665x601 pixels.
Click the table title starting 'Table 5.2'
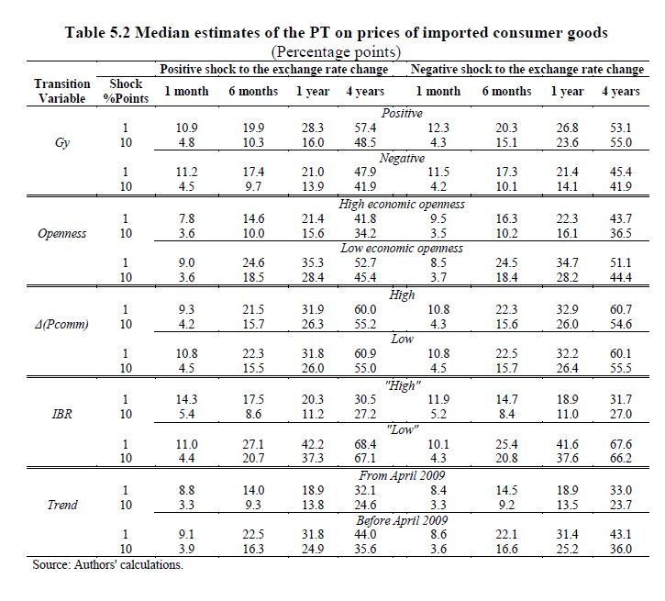tap(336, 32)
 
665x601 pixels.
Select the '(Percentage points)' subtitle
tap(336, 51)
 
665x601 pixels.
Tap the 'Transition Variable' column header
tap(62, 91)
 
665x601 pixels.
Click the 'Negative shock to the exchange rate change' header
tap(526, 69)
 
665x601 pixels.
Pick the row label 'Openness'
tap(62, 233)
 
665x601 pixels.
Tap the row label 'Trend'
tap(62, 504)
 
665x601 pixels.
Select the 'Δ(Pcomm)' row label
tap(62, 324)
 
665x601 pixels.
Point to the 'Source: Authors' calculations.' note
tap(108, 564)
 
